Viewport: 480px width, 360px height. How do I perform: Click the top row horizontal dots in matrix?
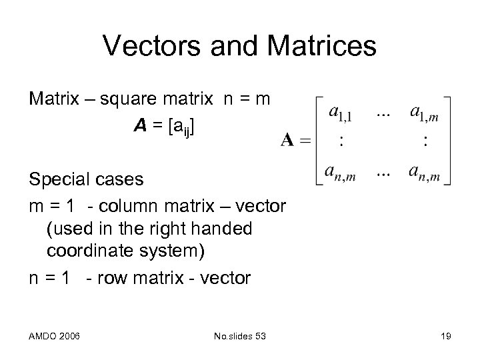383,114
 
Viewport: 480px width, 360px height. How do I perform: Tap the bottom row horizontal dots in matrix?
383,169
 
